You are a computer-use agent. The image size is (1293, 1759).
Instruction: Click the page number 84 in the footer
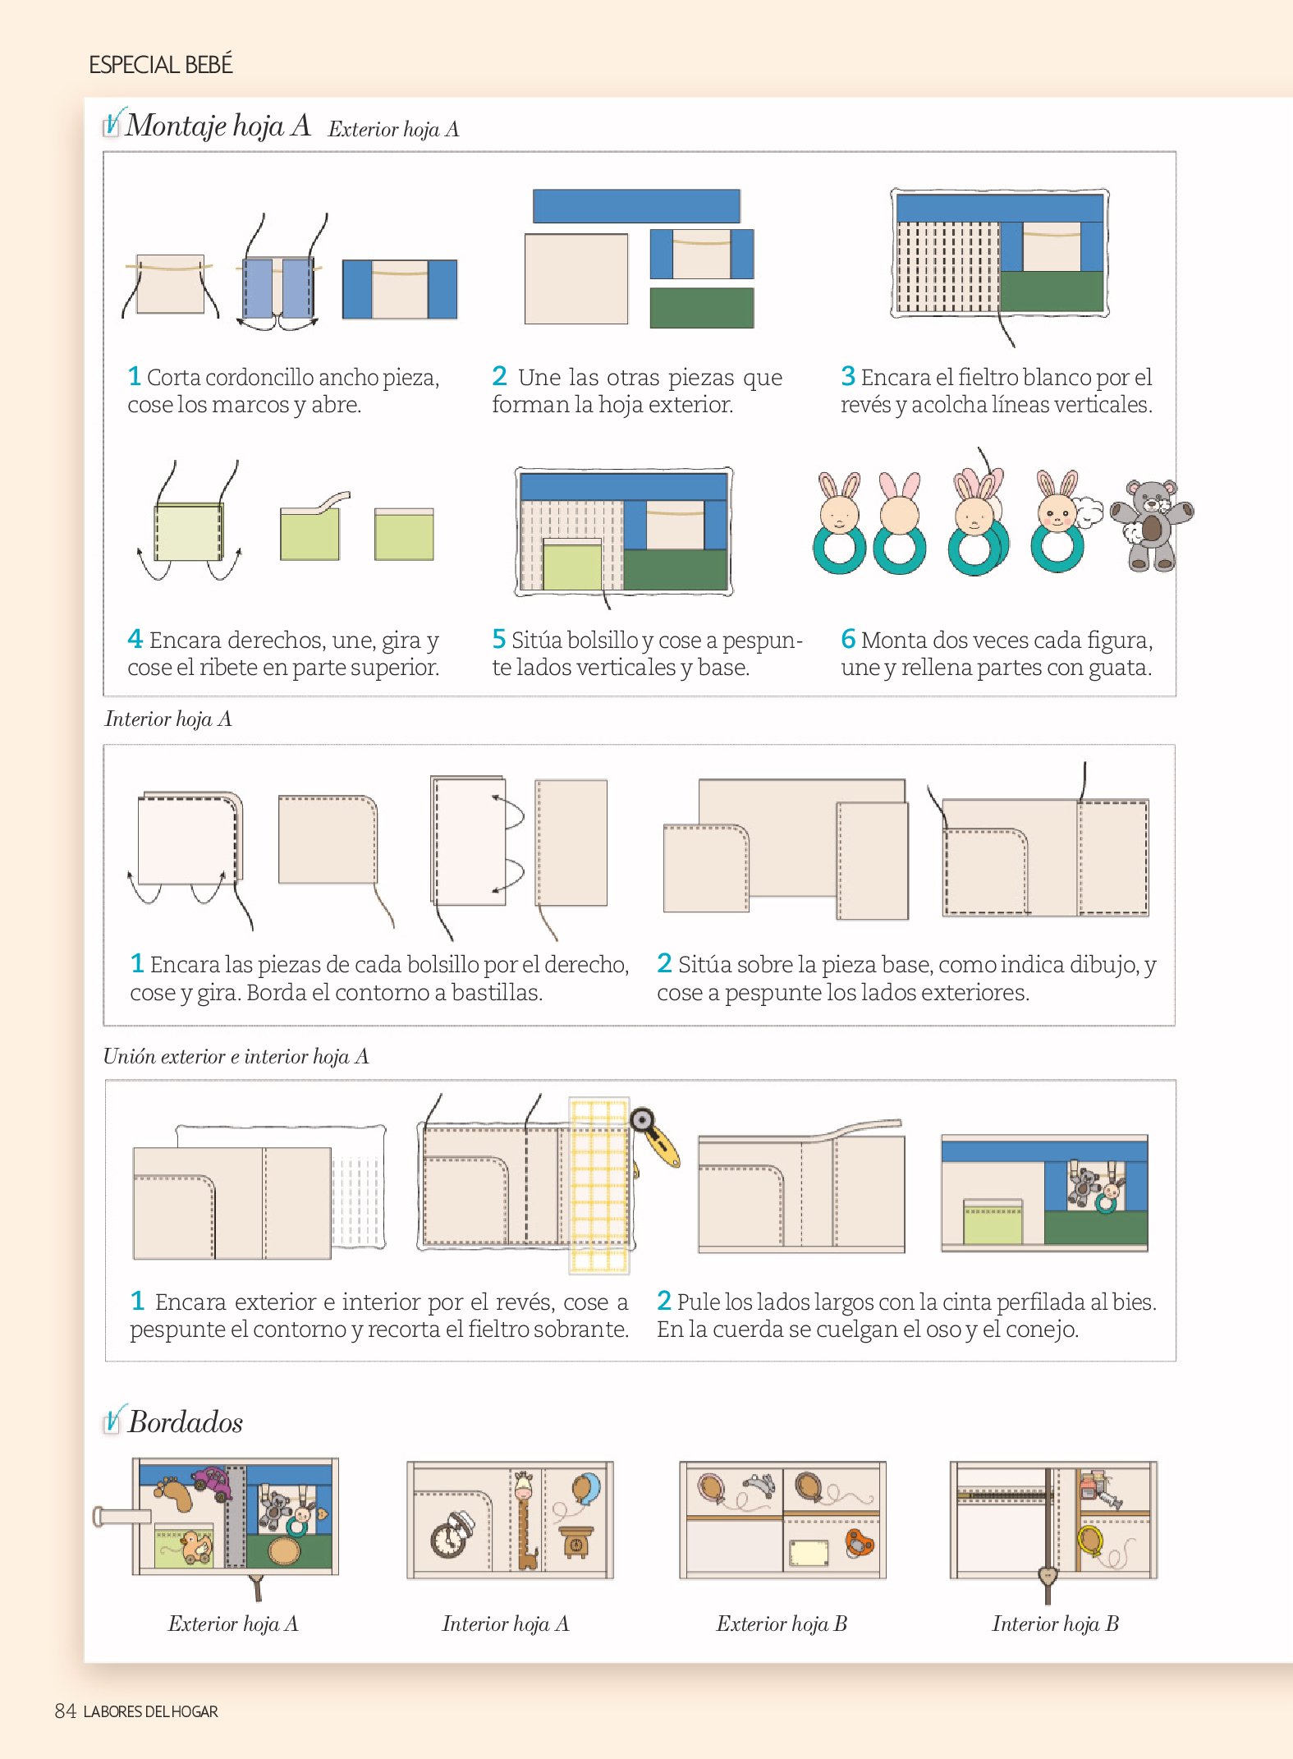click(x=65, y=1711)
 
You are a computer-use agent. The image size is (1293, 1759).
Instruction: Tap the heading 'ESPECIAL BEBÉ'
click(x=161, y=65)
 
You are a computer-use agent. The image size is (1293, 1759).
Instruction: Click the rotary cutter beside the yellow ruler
click(x=655, y=1137)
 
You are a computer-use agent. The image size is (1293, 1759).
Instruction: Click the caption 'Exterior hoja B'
click(x=782, y=1624)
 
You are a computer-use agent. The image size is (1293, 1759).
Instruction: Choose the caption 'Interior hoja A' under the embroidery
click(x=506, y=1624)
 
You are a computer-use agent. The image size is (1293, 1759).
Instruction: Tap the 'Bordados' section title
click(x=186, y=1422)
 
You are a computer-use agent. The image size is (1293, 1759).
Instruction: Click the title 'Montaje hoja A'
click(x=218, y=126)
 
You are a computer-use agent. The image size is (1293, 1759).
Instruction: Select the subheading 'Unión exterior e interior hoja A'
click(x=236, y=1056)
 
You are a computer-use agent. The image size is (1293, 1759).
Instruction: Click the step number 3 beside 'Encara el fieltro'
click(x=848, y=376)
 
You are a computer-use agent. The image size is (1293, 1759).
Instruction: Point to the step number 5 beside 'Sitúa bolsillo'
click(x=499, y=638)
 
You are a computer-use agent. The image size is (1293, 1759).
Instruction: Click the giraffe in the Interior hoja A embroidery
click(x=525, y=1519)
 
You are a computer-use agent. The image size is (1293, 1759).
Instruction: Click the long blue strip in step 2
click(x=636, y=206)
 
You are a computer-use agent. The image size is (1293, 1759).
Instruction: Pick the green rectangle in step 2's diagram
click(x=702, y=308)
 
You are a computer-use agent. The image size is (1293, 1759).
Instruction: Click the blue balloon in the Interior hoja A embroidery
click(x=586, y=1489)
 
